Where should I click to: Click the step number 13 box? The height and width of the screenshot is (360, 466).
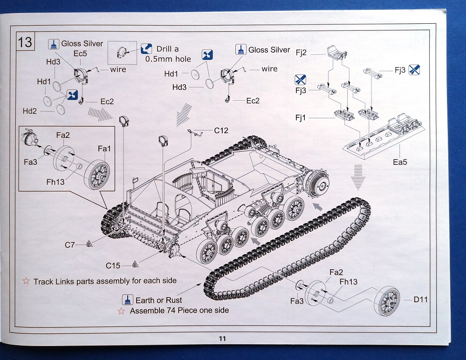25,41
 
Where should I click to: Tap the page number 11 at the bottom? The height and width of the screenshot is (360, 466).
222,339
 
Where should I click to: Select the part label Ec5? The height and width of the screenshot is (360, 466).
80,54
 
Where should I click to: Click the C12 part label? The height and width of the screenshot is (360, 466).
221,130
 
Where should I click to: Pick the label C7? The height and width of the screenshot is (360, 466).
70,245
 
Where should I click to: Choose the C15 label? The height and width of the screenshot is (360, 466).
113,265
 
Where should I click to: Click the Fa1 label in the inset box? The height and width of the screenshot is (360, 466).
104,149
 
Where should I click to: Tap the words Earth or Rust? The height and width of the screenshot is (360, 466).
159,300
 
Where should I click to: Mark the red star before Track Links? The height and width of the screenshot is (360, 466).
26,281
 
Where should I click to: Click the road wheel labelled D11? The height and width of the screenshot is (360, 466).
388,301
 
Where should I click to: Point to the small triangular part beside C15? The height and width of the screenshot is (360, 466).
135,265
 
